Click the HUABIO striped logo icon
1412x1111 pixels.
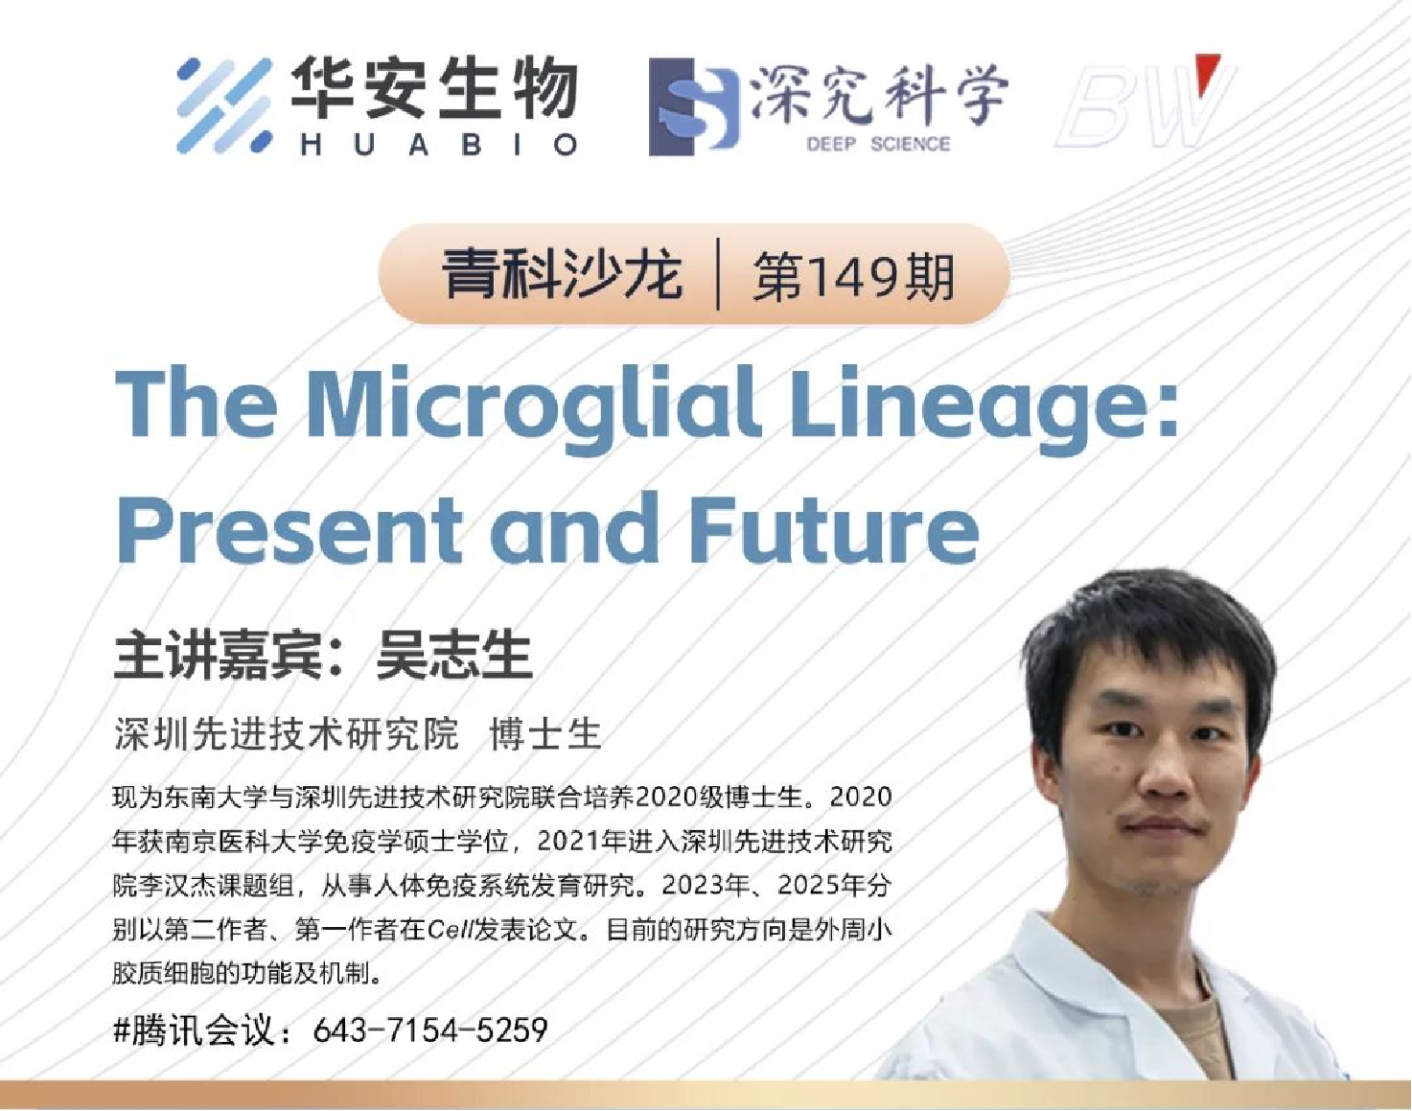224,105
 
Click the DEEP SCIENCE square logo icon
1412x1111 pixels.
693,106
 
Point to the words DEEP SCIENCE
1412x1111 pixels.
878,144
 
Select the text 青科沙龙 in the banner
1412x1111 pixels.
562,275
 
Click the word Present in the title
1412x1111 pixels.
289,529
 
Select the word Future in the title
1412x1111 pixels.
833,529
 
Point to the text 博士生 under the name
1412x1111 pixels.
545,733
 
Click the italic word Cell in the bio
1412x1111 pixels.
451,931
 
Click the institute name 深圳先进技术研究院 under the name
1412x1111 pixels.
286,733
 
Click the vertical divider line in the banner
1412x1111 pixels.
718,273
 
